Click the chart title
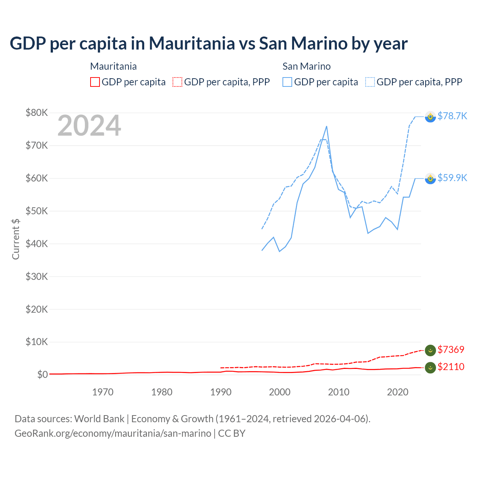pyautogui.click(x=209, y=44)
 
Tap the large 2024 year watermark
pyautogui.click(x=89, y=126)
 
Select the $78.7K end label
pyautogui.click(x=452, y=116)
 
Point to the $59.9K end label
pyautogui.click(x=452, y=178)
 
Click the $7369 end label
pyautogui.click(x=451, y=350)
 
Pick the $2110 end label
pyautogui.click(x=451, y=367)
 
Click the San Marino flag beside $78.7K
pyautogui.click(x=430, y=117)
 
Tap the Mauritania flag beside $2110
pyautogui.click(x=430, y=367)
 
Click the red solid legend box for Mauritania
pyautogui.click(x=95, y=82)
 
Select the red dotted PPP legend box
pyautogui.click(x=177, y=82)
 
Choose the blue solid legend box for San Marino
pyautogui.click(x=287, y=82)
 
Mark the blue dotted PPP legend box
pyautogui.click(x=370, y=82)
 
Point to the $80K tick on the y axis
pyautogui.click(x=37, y=113)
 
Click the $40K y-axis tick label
pyautogui.click(x=37, y=244)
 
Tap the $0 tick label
pyautogui.click(x=42, y=375)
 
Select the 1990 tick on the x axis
pyautogui.click(x=221, y=392)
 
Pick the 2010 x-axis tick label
pyautogui.click(x=339, y=392)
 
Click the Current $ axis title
pyautogui.click(x=16, y=239)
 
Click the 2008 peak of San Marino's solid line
pyautogui.click(x=326, y=126)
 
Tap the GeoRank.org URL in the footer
pyautogui.click(x=113, y=433)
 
